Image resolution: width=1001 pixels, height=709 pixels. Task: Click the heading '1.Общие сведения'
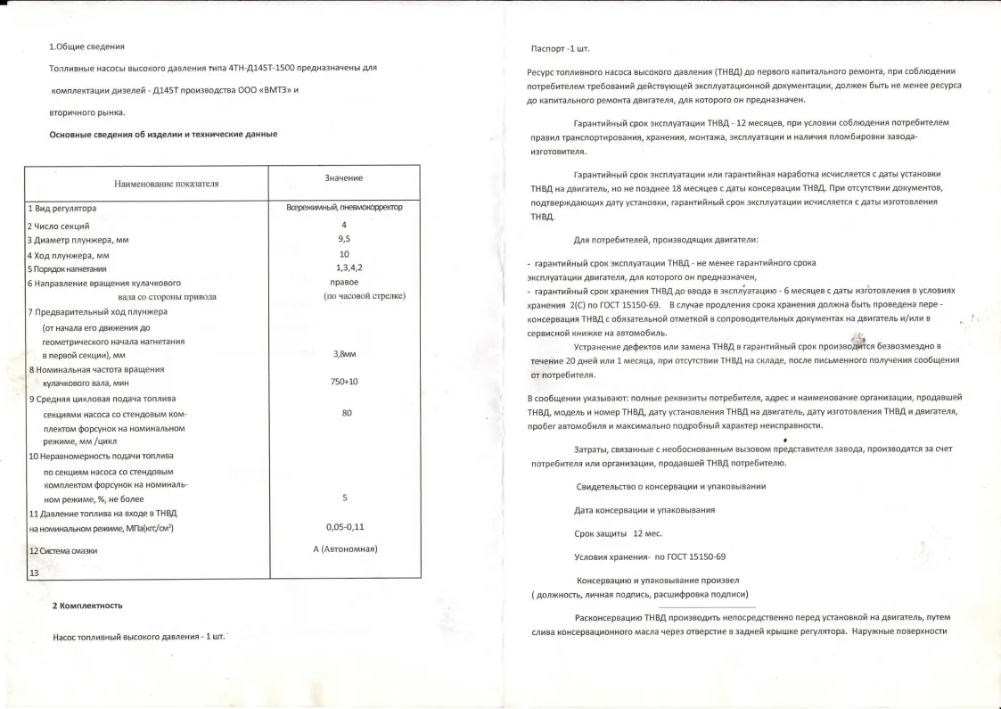pos(86,46)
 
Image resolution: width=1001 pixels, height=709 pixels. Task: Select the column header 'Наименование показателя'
pos(167,184)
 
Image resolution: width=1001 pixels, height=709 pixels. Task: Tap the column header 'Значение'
pos(343,178)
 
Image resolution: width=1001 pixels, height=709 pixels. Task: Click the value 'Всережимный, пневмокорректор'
pos(343,208)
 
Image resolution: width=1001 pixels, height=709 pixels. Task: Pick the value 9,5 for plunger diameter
pos(343,240)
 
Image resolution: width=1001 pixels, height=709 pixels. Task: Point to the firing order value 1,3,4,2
pos(349,268)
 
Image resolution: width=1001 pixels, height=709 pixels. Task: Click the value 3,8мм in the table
pos(343,354)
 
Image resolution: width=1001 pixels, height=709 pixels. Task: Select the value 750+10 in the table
pos(343,382)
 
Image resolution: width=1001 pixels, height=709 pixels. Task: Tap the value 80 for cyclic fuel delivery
pos(347,413)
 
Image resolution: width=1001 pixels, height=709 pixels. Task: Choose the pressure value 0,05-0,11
pos(345,527)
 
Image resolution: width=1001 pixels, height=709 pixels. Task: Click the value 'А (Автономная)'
pos(346,548)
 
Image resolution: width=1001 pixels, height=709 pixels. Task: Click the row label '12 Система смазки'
pos(63,551)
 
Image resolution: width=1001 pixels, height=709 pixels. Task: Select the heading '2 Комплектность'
pos(86,606)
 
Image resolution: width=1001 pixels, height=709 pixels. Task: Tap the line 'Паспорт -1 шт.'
pos(560,48)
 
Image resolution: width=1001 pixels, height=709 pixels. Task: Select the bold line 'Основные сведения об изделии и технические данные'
pos(163,134)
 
